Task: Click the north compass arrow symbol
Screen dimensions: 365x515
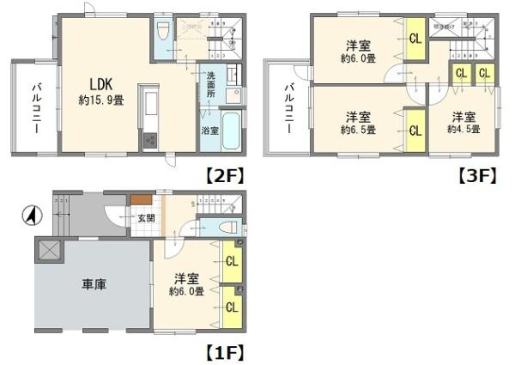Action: click(31, 215)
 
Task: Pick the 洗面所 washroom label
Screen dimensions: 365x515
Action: click(210, 82)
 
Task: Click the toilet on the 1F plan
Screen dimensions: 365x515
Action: click(227, 228)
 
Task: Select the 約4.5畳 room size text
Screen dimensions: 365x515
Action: click(463, 129)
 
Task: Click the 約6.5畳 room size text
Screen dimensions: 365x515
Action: click(358, 129)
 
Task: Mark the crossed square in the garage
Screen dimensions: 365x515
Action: click(49, 252)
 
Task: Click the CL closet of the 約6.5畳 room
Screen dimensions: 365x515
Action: click(415, 131)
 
